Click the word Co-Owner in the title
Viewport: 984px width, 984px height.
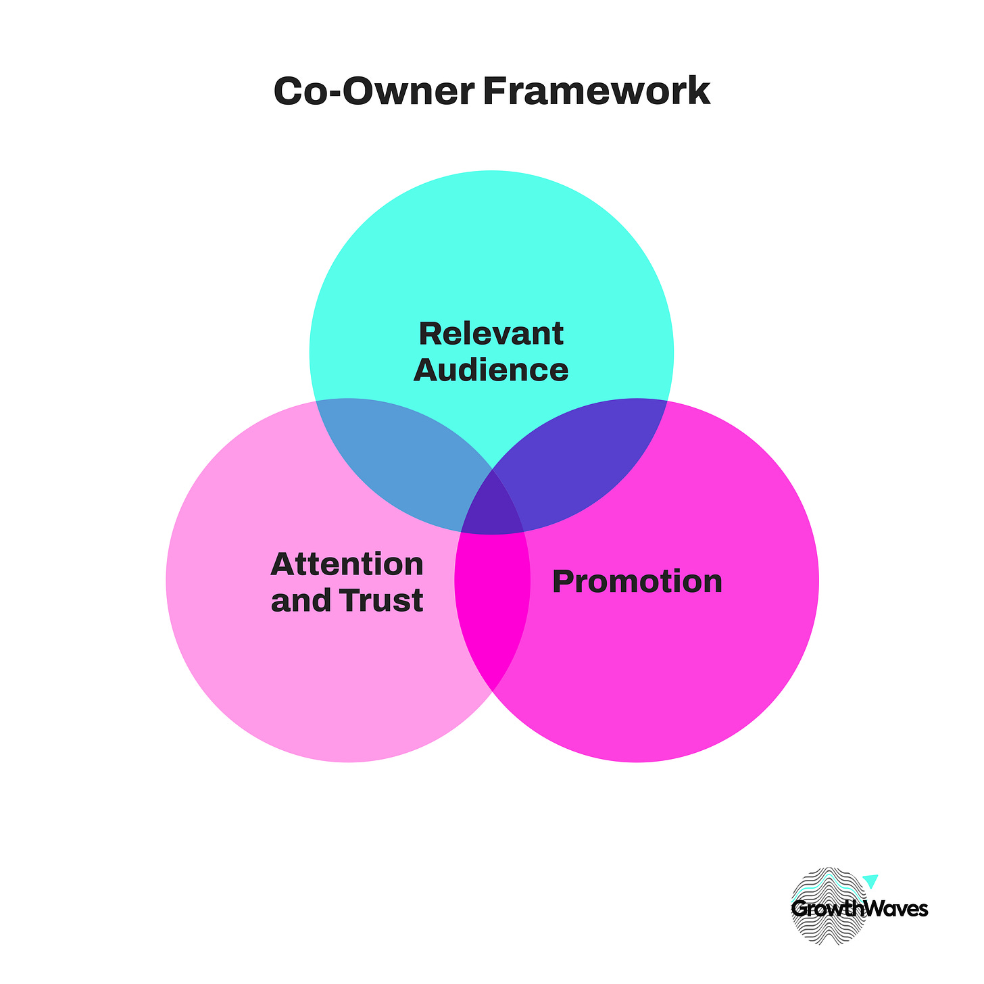point(373,92)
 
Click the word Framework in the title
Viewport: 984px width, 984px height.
point(596,92)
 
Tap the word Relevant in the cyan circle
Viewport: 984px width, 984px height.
point(491,334)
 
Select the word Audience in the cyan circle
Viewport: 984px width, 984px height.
point(491,370)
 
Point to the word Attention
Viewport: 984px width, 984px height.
point(347,564)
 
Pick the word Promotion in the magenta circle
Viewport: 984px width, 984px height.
point(637,582)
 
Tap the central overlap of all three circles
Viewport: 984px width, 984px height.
point(492,503)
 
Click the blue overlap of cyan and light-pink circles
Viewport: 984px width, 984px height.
point(399,460)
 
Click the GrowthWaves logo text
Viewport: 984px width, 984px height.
point(859,909)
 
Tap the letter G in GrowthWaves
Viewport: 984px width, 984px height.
point(799,910)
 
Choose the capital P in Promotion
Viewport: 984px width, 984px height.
point(562,582)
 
